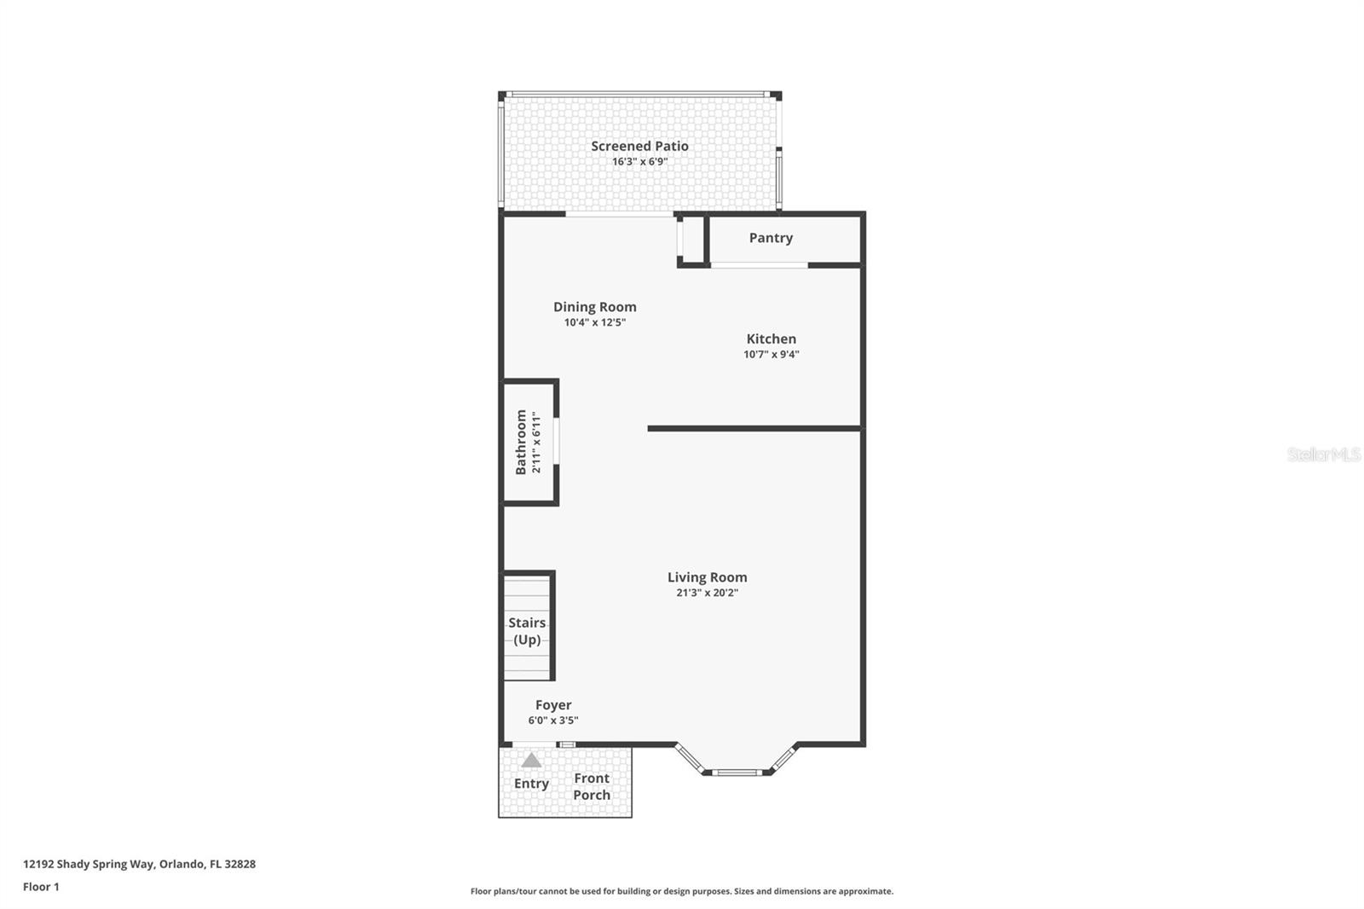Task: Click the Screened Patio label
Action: tap(639, 146)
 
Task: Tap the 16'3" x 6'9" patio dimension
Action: tap(639, 161)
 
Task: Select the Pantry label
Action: tap(771, 238)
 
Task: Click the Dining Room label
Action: tap(594, 307)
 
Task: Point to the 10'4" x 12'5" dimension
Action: tap(594, 322)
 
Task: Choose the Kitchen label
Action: tap(771, 339)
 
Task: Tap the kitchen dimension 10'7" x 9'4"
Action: tap(771, 354)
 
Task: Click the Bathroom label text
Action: tap(521, 443)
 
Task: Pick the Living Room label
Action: tap(707, 577)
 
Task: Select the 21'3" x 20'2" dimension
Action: tap(707, 592)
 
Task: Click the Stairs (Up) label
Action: tap(527, 631)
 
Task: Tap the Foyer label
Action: tap(553, 705)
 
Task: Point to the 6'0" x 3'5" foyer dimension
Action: tap(553, 721)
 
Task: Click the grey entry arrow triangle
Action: tap(531, 761)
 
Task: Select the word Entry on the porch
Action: tap(531, 784)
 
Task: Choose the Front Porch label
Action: tap(592, 786)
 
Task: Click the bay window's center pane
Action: tap(737, 773)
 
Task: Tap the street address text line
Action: tap(140, 864)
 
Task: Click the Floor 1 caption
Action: tap(41, 887)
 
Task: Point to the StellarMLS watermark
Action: tap(1324, 454)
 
